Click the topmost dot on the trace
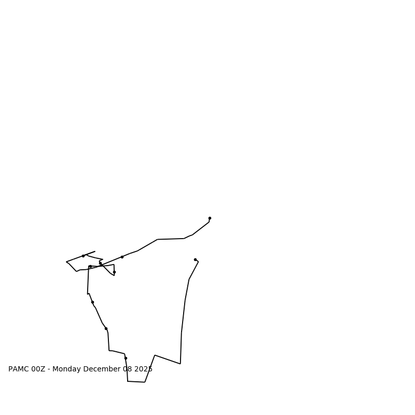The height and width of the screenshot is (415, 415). (x=210, y=218)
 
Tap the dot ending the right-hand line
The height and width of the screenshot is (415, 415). (x=195, y=259)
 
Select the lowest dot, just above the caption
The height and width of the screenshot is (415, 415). (x=126, y=358)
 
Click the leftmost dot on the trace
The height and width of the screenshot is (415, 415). (x=83, y=256)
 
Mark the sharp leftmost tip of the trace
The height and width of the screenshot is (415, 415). (x=66, y=262)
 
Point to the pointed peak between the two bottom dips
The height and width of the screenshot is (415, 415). (x=155, y=355)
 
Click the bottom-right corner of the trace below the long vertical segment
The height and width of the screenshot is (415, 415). (x=180, y=364)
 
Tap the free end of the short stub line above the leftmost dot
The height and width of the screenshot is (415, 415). (x=95, y=252)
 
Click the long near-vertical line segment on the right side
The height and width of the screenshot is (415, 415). (x=183, y=316)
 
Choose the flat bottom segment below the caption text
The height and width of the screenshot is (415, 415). (x=136, y=382)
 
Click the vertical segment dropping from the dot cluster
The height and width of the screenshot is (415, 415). (x=88, y=280)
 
